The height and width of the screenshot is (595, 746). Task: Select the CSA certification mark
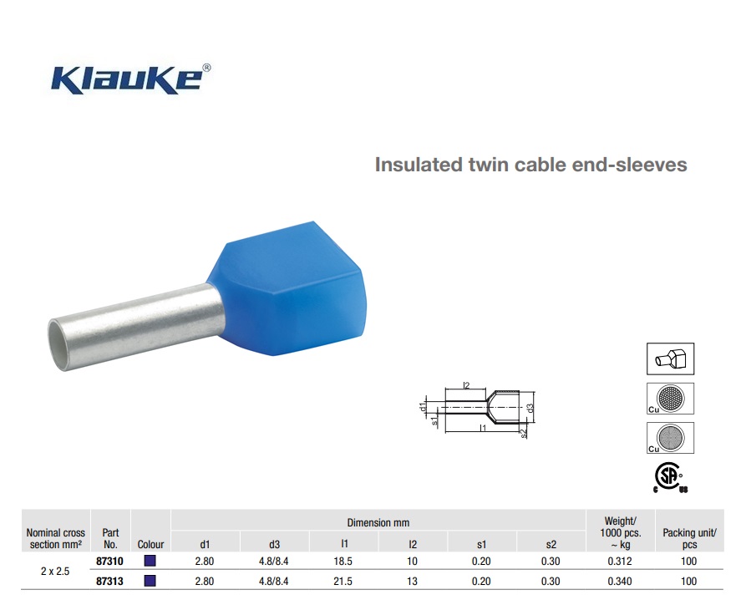670,477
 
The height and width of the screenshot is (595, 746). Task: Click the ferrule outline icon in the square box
670,359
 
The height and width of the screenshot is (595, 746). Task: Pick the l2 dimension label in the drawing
466,385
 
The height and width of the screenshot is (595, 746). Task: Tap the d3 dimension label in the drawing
530,408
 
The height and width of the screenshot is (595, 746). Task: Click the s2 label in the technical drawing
524,433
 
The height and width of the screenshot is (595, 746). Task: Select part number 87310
109,562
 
